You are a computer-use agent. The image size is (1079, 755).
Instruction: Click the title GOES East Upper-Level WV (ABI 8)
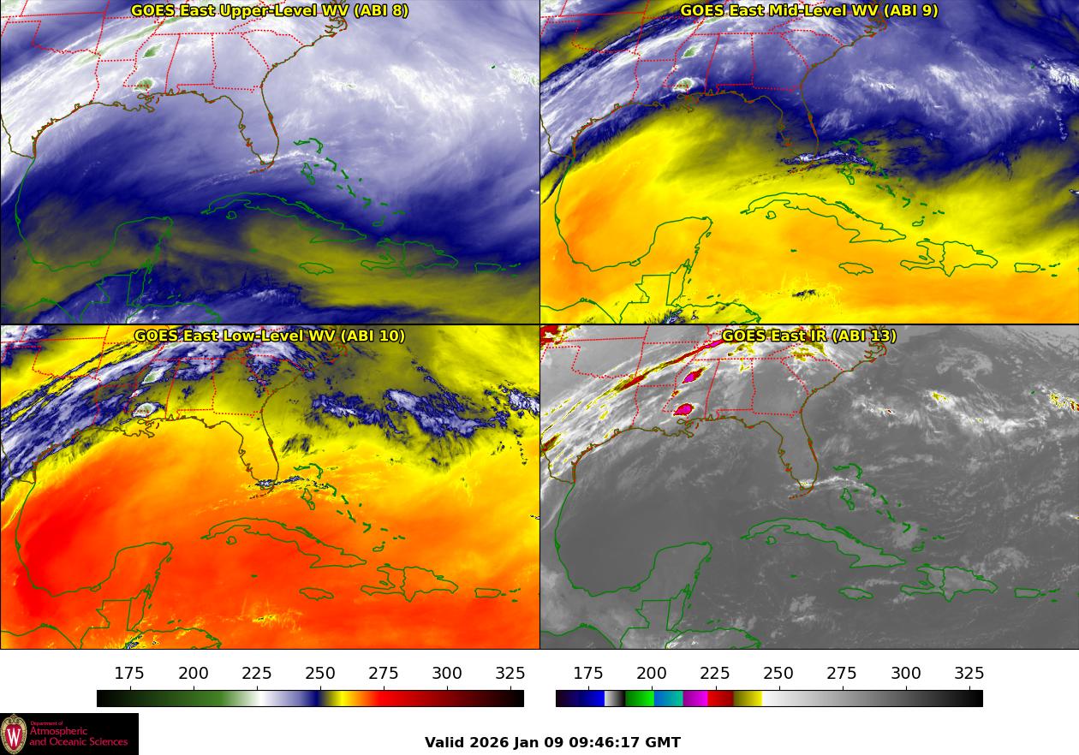pyautogui.click(x=270, y=11)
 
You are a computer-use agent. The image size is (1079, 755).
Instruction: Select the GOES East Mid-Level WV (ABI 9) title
pyautogui.click(x=808, y=11)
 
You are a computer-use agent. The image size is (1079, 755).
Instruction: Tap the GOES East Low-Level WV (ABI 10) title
pyautogui.click(x=270, y=336)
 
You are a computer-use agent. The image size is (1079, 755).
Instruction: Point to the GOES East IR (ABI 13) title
pyautogui.click(x=808, y=336)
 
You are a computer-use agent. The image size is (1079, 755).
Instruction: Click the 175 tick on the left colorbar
pyautogui.click(x=129, y=674)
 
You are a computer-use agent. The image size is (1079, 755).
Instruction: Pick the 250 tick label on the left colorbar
pyautogui.click(x=320, y=674)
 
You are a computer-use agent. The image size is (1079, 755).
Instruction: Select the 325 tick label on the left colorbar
pyautogui.click(x=510, y=674)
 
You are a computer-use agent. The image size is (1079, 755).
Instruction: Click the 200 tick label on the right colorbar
pyautogui.click(x=652, y=674)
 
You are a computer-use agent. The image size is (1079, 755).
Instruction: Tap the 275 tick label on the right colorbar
pyautogui.click(x=843, y=674)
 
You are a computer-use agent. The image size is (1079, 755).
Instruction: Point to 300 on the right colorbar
pyautogui.click(x=906, y=674)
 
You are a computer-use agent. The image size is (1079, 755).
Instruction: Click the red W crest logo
pyautogui.click(x=14, y=734)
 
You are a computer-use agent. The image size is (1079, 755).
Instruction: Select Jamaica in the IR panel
pyautogui.click(x=855, y=593)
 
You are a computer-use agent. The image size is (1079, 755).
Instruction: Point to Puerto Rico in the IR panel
pyautogui.click(x=1027, y=592)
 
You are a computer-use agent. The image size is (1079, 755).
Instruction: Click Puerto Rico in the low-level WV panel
pyautogui.click(x=487, y=592)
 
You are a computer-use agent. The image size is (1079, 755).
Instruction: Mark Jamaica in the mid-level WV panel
pyautogui.click(x=855, y=269)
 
